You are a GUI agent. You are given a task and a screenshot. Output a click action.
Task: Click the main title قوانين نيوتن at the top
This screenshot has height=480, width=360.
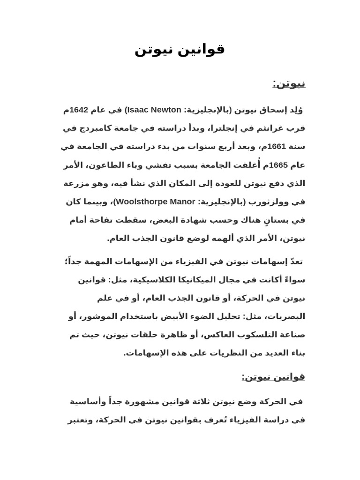click(x=180, y=49)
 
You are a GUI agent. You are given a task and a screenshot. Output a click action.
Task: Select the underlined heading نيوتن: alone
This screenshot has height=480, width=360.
click(x=289, y=84)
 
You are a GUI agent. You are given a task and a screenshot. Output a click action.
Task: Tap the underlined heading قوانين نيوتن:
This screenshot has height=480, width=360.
click(x=273, y=377)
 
